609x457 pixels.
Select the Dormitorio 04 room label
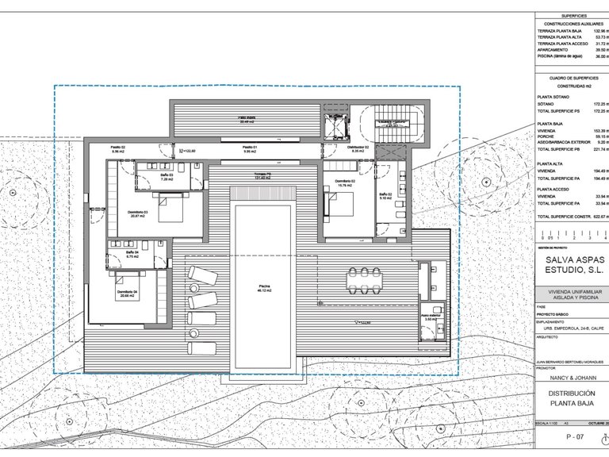tap(130, 294)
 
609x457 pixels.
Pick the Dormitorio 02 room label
tap(344, 182)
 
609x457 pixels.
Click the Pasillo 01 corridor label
tap(250, 150)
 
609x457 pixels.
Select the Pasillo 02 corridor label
tap(118, 149)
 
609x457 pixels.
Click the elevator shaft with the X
tap(334, 126)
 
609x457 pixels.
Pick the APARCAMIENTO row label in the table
tap(555, 50)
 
